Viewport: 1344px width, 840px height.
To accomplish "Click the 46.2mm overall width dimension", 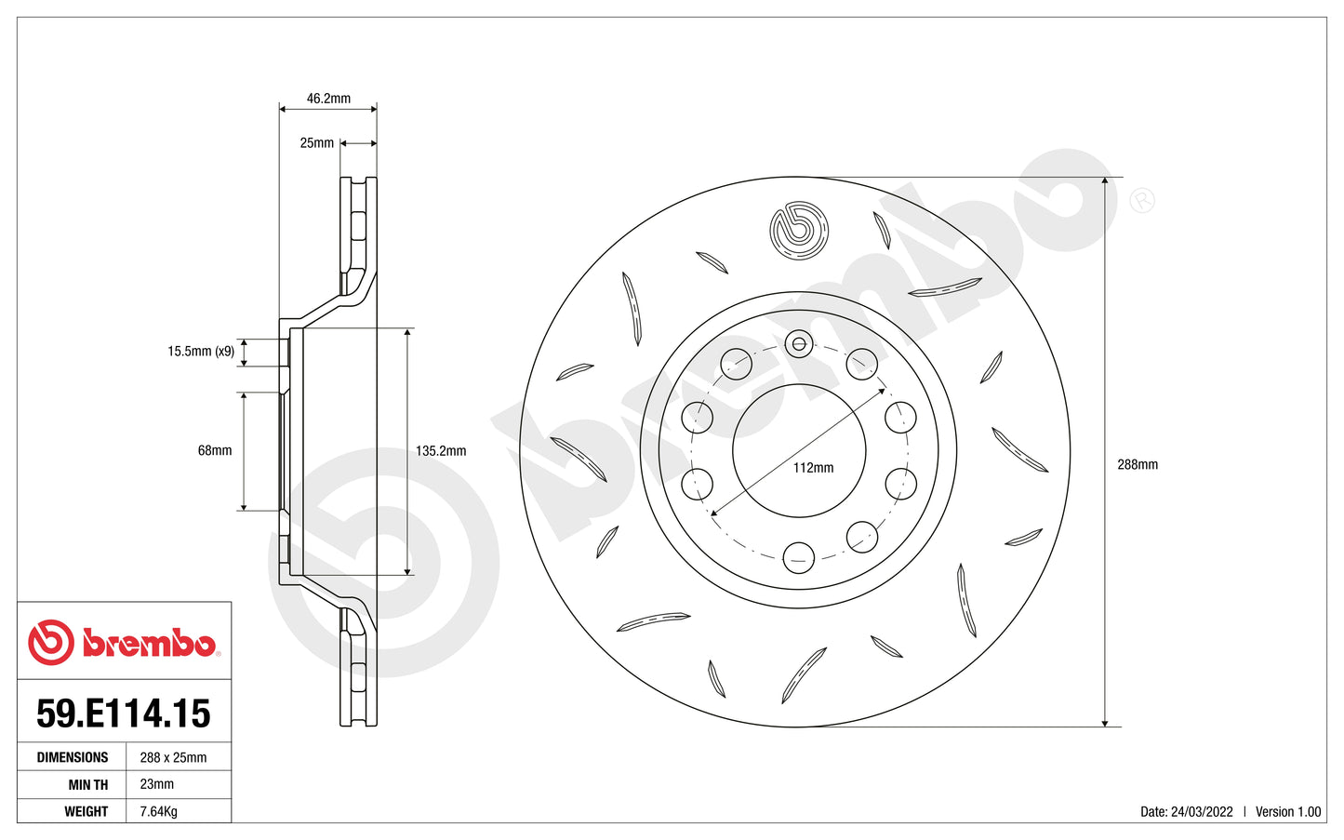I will pos(328,99).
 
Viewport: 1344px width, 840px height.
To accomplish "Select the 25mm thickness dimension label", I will pos(316,143).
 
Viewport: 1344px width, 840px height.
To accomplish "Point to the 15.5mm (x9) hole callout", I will pos(201,352).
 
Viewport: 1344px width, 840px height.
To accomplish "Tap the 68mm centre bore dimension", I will pos(215,450).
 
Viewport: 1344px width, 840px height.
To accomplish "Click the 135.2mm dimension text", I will pos(441,451).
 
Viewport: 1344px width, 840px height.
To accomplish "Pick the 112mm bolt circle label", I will pos(813,468).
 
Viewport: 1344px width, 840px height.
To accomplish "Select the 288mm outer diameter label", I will pos(1137,464).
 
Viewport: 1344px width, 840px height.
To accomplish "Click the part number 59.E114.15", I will pos(124,713).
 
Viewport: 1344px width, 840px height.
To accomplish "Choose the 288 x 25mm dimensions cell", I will pos(173,757).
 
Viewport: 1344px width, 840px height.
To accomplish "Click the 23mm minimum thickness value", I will pos(157,784).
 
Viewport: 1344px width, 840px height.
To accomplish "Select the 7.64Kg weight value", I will pos(158,811).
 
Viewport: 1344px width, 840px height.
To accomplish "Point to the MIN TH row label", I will pos(87,784).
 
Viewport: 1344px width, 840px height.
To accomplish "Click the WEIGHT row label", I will pos(86,811).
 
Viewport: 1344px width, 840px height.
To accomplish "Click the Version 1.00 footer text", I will pos(1287,812).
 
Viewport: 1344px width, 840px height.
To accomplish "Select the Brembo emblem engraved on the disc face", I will pos(799,230).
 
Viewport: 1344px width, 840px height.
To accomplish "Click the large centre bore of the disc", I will pos(799,437).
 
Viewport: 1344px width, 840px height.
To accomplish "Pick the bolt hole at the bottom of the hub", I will pos(799,557).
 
